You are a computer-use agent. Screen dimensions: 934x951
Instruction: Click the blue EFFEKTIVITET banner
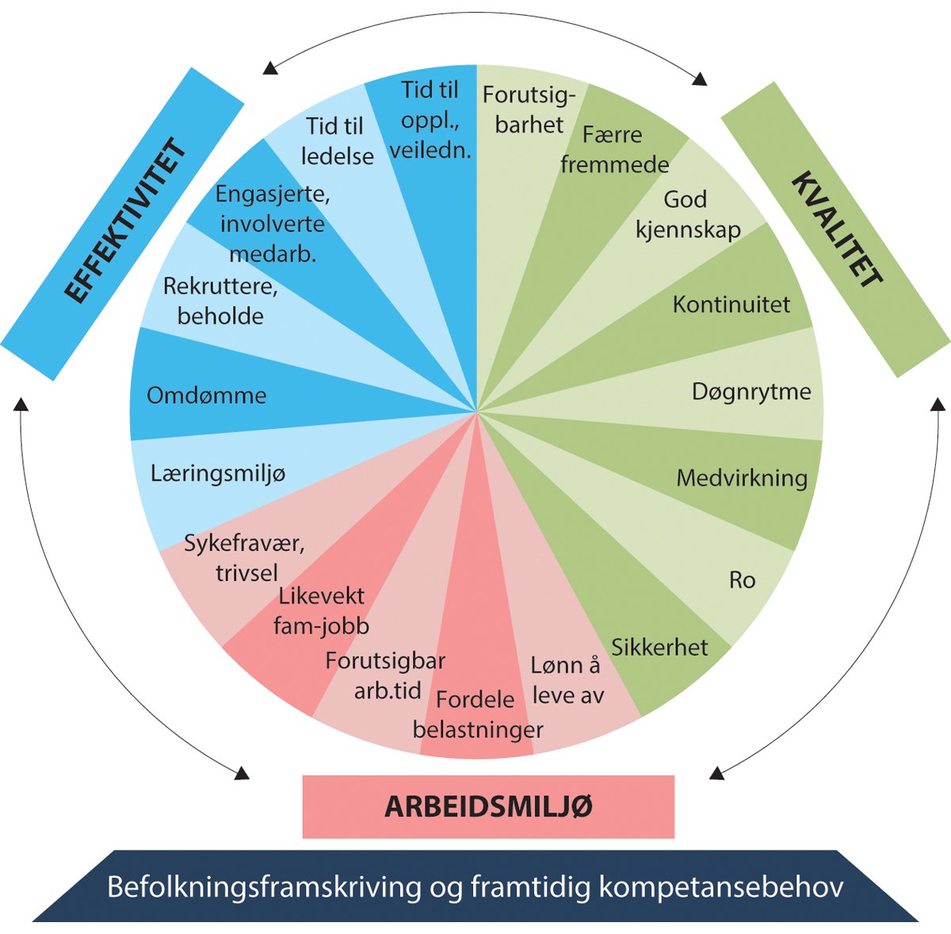(x=123, y=224)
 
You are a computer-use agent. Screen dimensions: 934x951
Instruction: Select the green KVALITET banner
(x=836, y=230)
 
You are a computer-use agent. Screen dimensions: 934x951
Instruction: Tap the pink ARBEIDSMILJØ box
(x=488, y=806)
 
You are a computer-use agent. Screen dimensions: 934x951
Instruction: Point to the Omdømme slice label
(x=206, y=395)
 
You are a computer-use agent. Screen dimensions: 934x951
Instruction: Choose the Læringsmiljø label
(x=218, y=473)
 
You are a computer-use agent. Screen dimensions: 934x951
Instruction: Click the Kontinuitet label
(x=731, y=304)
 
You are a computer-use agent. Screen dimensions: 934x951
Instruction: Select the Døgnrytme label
(x=751, y=391)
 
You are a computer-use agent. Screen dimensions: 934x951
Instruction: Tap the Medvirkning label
(x=742, y=478)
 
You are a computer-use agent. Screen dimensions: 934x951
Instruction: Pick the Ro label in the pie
(x=742, y=580)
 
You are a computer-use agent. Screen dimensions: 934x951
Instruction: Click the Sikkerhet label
(x=659, y=647)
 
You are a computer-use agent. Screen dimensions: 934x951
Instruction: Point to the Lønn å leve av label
(x=567, y=680)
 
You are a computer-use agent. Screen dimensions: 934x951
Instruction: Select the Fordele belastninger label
(x=477, y=714)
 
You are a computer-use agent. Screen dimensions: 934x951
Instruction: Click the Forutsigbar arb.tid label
(x=386, y=676)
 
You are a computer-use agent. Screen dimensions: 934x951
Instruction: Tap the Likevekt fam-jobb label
(x=322, y=611)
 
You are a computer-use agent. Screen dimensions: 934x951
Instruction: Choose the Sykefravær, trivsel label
(x=245, y=558)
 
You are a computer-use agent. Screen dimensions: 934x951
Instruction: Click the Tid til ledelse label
(x=337, y=141)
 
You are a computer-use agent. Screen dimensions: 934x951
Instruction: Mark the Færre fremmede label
(x=614, y=149)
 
